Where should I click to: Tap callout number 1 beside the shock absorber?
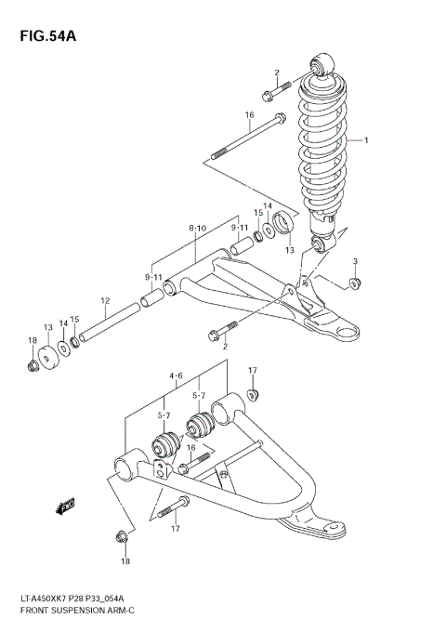(366, 141)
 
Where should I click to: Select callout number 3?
(354, 263)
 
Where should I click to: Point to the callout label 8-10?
(197, 228)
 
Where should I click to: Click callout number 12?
(105, 301)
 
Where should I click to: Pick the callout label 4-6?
(176, 376)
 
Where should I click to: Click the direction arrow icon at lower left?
(66, 507)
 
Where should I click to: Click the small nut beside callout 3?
(354, 283)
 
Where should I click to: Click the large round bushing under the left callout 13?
(48, 354)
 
